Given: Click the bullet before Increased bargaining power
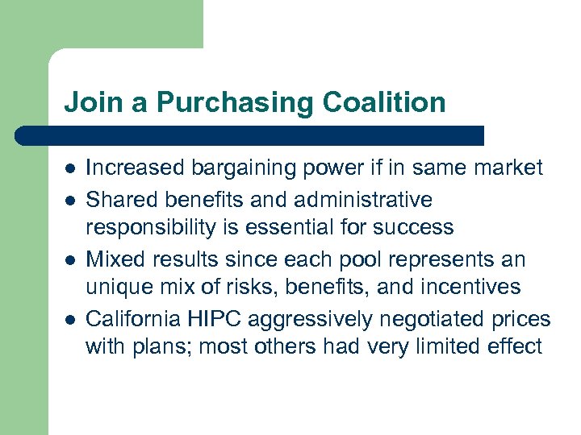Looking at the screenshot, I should tap(70, 168).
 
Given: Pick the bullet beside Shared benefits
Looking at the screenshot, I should tap(70, 199).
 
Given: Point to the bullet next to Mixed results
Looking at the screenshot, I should tap(70, 260).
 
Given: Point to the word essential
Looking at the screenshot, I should tap(304, 228).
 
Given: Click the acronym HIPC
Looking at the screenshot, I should tap(218, 320).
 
